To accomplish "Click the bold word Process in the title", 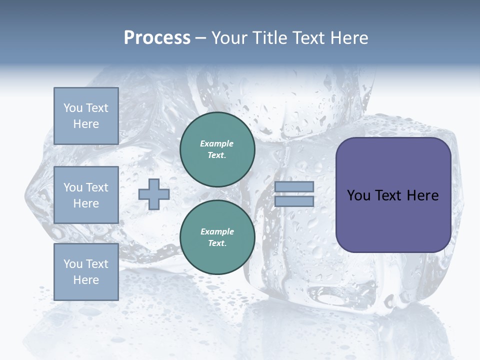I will click(x=157, y=38).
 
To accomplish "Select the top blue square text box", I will click(x=86, y=116).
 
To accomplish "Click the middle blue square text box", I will click(x=86, y=195).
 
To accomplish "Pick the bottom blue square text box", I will click(x=86, y=271).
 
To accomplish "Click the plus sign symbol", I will click(x=154, y=194).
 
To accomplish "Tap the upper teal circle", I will click(x=217, y=149).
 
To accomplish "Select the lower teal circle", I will click(x=217, y=237).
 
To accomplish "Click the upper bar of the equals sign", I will click(x=294, y=186).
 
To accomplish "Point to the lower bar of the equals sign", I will click(x=294, y=201).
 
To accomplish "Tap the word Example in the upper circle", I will click(x=217, y=143).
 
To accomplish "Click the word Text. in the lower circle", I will click(x=217, y=243).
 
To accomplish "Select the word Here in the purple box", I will click(x=422, y=195).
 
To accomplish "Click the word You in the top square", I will click(x=73, y=108).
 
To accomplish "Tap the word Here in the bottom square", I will click(x=86, y=280).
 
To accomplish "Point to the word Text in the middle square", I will click(x=96, y=187).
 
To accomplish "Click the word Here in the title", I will click(x=348, y=38).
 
